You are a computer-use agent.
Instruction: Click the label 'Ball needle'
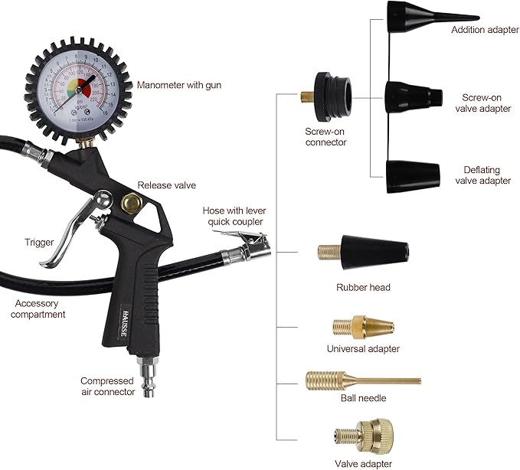point(363,399)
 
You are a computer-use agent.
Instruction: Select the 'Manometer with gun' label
point(179,85)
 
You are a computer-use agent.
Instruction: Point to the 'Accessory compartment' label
point(40,308)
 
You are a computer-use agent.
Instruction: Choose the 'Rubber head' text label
point(363,288)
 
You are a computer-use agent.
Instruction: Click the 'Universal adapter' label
point(363,349)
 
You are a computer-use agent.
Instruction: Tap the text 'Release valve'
point(167,185)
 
